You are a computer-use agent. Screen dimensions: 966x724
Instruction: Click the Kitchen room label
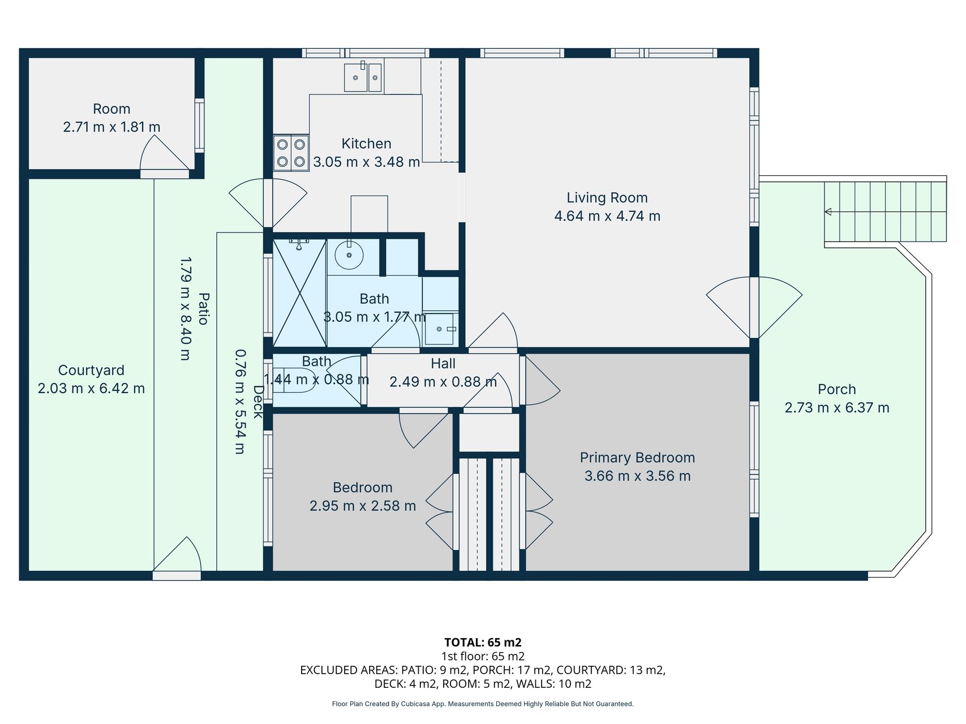(x=366, y=144)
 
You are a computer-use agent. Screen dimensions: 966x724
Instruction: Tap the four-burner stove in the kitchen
(x=291, y=153)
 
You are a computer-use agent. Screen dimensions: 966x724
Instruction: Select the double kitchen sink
(x=363, y=77)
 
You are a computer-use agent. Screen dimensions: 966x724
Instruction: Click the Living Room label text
(x=607, y=198)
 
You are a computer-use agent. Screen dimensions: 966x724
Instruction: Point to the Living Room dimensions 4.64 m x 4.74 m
(x=607, y=216)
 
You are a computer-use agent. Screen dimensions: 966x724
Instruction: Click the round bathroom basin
(x=349, y=255)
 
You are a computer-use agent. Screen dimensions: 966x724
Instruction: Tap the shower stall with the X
(x=299, y=292)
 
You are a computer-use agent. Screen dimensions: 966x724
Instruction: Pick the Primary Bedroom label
(x=637, y=458)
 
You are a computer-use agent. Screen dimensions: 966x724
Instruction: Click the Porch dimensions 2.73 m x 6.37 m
(x=836, y=408)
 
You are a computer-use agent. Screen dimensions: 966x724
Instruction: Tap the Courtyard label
(x=91, y=370)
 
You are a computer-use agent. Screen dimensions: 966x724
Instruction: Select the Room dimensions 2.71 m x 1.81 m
(x=111, y=127)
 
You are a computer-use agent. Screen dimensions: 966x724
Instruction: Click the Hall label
(x=443, y=364)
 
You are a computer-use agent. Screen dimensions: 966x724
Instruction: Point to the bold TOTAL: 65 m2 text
(x=483, y=643)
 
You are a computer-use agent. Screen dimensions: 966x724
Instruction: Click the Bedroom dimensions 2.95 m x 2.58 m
(x=363, y=506)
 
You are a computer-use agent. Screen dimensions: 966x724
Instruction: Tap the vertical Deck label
(x=258, y=402)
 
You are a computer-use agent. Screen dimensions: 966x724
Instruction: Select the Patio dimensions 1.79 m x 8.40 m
(x=186, y=309)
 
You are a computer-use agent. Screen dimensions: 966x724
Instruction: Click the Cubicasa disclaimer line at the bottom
(x=483, y=704)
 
